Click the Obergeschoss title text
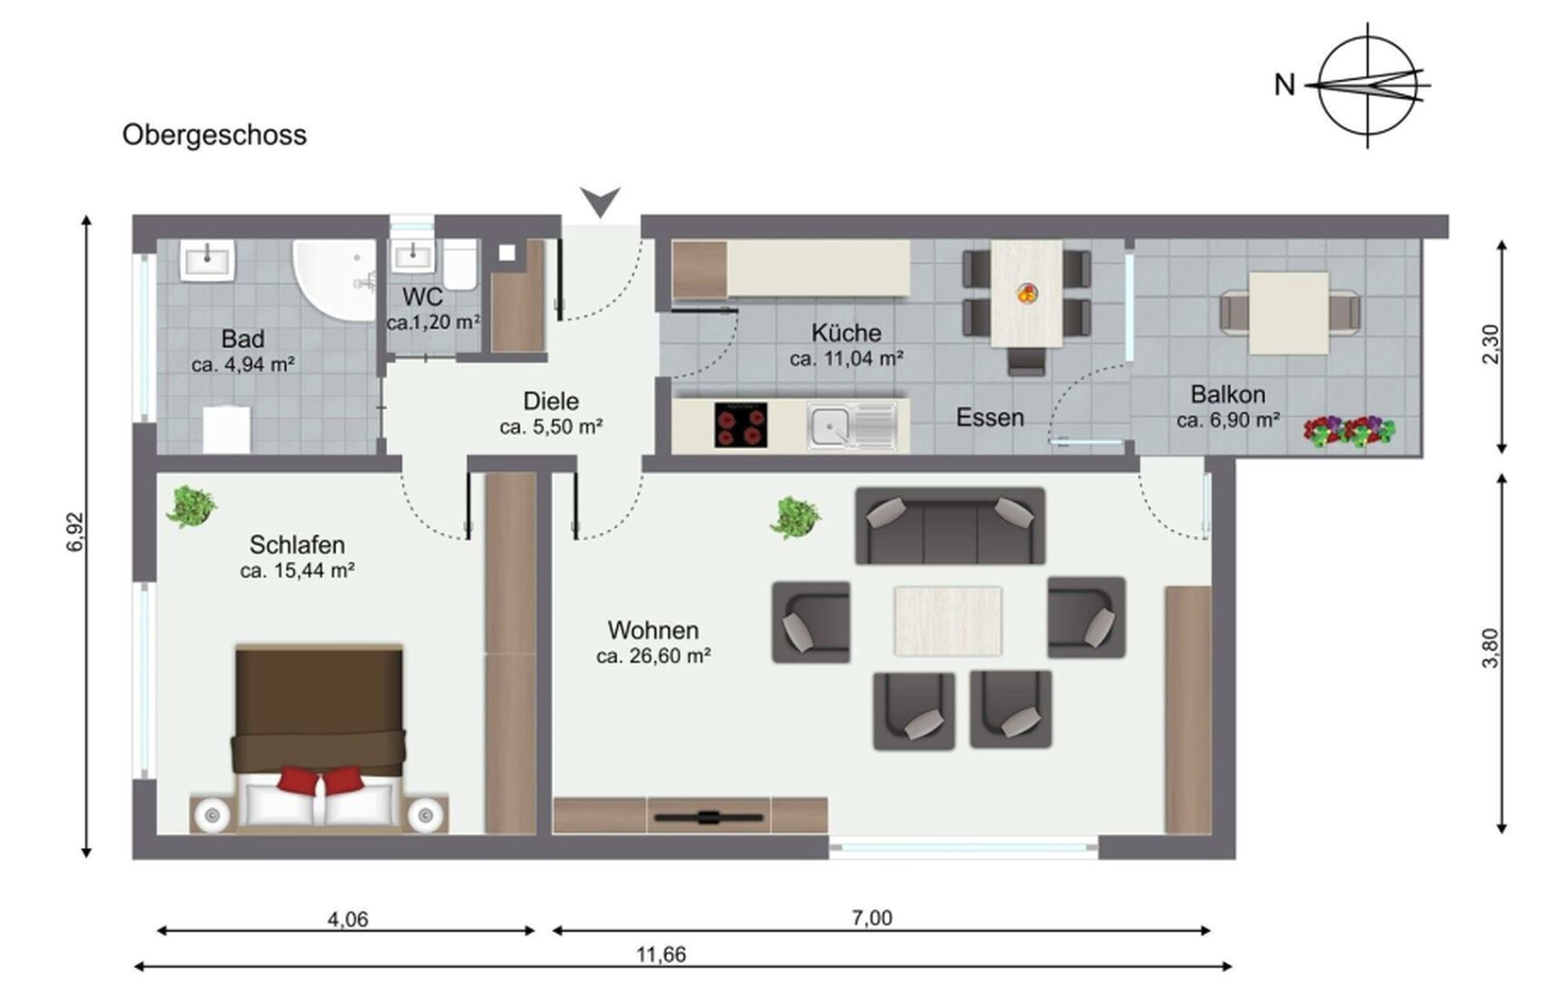click(214, 135)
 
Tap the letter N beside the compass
click(1285, 86)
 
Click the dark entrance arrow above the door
click(600, 201)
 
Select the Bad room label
click(243, 339)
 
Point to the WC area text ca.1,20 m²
click(432, 322)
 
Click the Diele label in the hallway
click(551, 401)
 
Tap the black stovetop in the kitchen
click(741, 425)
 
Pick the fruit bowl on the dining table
click(1027, 293)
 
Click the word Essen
click(990, 418)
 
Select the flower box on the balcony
click(1349, 431)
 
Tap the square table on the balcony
click(1288, 314)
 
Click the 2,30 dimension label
click(1490, 345)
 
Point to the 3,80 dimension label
click(1490, 648)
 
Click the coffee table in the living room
click(948, 621)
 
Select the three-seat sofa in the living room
click(950, 526)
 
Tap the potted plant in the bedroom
click(191, 507)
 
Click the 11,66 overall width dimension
click(660, 955)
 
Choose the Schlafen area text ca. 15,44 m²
click(297, 571)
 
